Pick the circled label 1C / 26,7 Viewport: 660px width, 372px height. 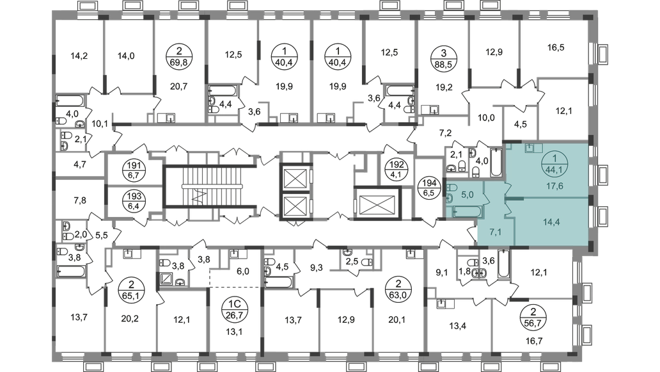pos(235,309)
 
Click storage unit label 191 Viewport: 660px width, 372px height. pos(136,170)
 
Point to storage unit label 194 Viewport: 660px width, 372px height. pos(429,188)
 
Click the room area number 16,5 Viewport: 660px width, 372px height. pos(556,47)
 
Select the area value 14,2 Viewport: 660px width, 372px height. pos(79,55)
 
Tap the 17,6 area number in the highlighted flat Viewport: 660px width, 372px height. pos(554,186)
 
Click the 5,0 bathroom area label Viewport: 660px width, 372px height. pos(467,195)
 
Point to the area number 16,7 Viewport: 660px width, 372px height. pos(534,341)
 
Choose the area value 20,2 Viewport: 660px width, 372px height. pos(130,319)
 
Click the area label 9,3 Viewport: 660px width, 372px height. pos(316,267)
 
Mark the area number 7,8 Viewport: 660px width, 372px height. pos(80,200)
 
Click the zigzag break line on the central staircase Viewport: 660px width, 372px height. pos(200,197)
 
